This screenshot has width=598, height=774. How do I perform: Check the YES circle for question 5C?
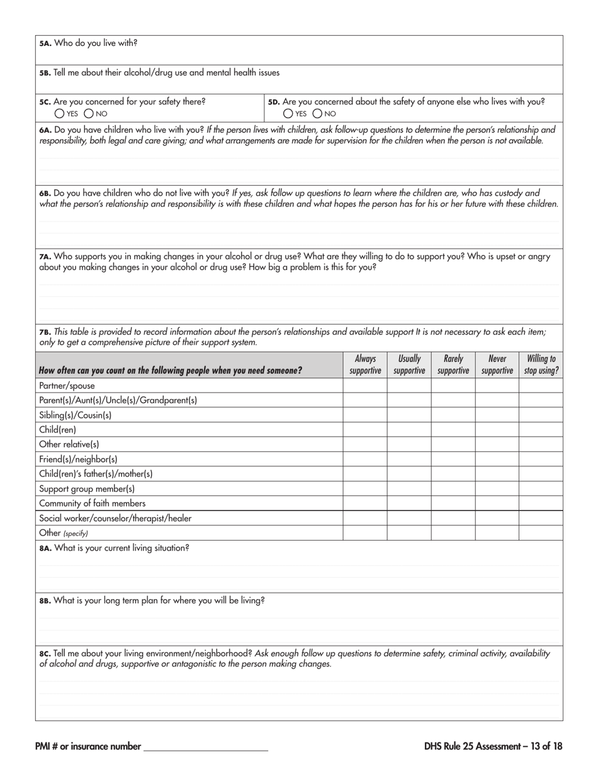(x=59, y=114)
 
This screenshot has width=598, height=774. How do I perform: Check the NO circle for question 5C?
(x=88, y=114)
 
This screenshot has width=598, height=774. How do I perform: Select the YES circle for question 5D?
(x=288, y=114)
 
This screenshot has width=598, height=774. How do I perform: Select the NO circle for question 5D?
(x=317, y=114)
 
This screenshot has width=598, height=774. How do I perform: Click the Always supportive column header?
(x=365, y=364)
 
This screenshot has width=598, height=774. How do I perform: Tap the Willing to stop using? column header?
(x=541, y=364)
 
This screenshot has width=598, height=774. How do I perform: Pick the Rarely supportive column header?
(x=453, y=364)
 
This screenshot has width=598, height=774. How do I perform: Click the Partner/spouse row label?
(x=67, y=386)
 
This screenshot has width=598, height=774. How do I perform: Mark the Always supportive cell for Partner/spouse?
(x=365, y=386)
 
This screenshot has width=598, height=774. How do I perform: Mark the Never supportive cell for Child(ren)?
(x=497, y=430)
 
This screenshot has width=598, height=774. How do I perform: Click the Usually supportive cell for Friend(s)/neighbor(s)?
(x=409, y=459)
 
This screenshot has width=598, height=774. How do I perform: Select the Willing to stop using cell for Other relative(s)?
(x=541, y=444)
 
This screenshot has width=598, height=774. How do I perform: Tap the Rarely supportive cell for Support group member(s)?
(x=453, y=489)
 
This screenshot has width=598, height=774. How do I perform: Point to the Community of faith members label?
(x=92, y=503)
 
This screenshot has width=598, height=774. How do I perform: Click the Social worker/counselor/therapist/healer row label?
(x=115, y=519)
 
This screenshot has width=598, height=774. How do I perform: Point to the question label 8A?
(x=45, y=548)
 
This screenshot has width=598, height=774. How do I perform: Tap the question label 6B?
(x=45, y=194)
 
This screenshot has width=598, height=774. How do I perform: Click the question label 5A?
(x=45, y=44)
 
